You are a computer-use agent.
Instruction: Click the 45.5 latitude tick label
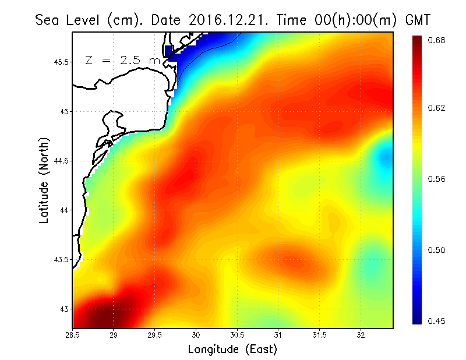(x=60, y=62)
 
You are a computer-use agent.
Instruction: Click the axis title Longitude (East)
(x=232, y=349)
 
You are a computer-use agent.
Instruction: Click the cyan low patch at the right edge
(x=385, y=156)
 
